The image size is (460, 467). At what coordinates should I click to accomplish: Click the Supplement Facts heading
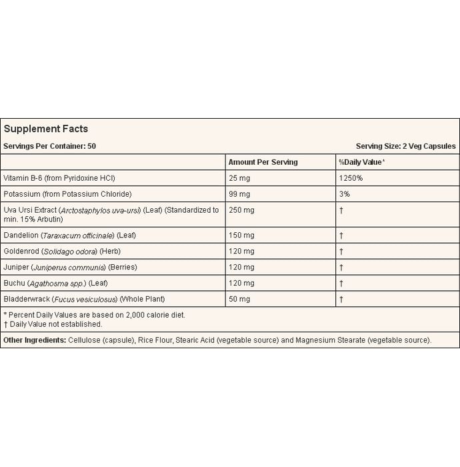(x=46, y=129)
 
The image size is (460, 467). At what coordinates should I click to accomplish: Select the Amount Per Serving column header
(x=263, y=162)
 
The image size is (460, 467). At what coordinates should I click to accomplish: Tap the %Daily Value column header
(x=362, y=162)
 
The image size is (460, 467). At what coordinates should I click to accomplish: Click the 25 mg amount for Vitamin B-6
(x=239, y=179)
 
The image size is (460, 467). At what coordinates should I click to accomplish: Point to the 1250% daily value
(x=351, y=179)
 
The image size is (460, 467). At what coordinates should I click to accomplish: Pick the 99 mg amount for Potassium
(x=239, y=194)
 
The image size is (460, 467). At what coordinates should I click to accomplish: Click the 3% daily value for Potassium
(x=344, y=194)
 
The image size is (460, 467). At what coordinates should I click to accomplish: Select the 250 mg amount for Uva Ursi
(x=241, y=210)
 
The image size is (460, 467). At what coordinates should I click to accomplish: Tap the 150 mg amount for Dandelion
(x=241, y=236)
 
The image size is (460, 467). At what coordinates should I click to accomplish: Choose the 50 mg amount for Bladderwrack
(x=239, y=300)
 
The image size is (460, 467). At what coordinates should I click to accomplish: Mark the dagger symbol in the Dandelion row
(x=341, y=236)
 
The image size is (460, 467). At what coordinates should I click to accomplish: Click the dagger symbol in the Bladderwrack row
(x=341, y=300)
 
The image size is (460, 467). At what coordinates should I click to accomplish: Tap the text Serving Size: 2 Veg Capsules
(x=405, y=146)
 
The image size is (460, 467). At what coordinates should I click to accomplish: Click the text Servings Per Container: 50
(x=50, y=146)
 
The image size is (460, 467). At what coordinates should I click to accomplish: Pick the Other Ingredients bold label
(x=34, y=340)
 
